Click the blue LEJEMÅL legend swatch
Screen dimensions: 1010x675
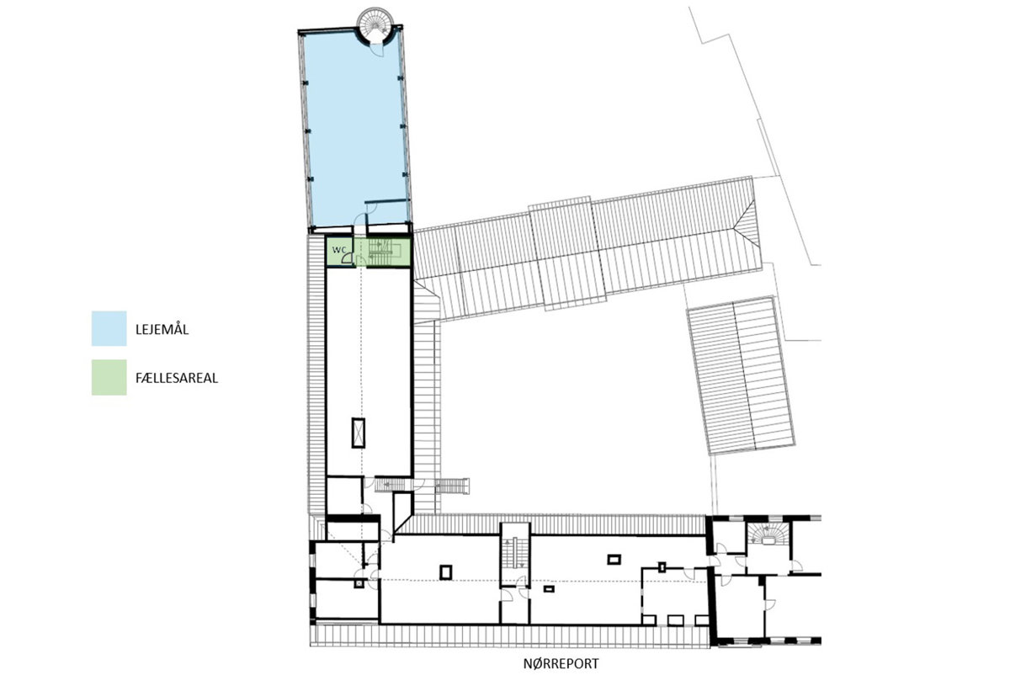pos(109,328)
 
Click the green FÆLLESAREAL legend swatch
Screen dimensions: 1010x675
pos(109,377)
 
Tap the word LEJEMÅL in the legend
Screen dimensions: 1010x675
pos(162,329)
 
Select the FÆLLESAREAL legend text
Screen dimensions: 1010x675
pos(177,378)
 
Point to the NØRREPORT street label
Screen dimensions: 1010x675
pos(561,664)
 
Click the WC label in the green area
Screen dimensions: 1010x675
pos(338,249)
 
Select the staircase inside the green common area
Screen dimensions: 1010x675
pos(381,252)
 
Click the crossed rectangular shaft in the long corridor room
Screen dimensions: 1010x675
pos(359,433)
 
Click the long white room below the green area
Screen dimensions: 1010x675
pos(369,372)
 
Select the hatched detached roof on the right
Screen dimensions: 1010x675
pos(741,375)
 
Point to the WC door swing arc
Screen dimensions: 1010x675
pos(347,258)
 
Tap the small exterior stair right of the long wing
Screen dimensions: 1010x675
pos(452,486)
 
